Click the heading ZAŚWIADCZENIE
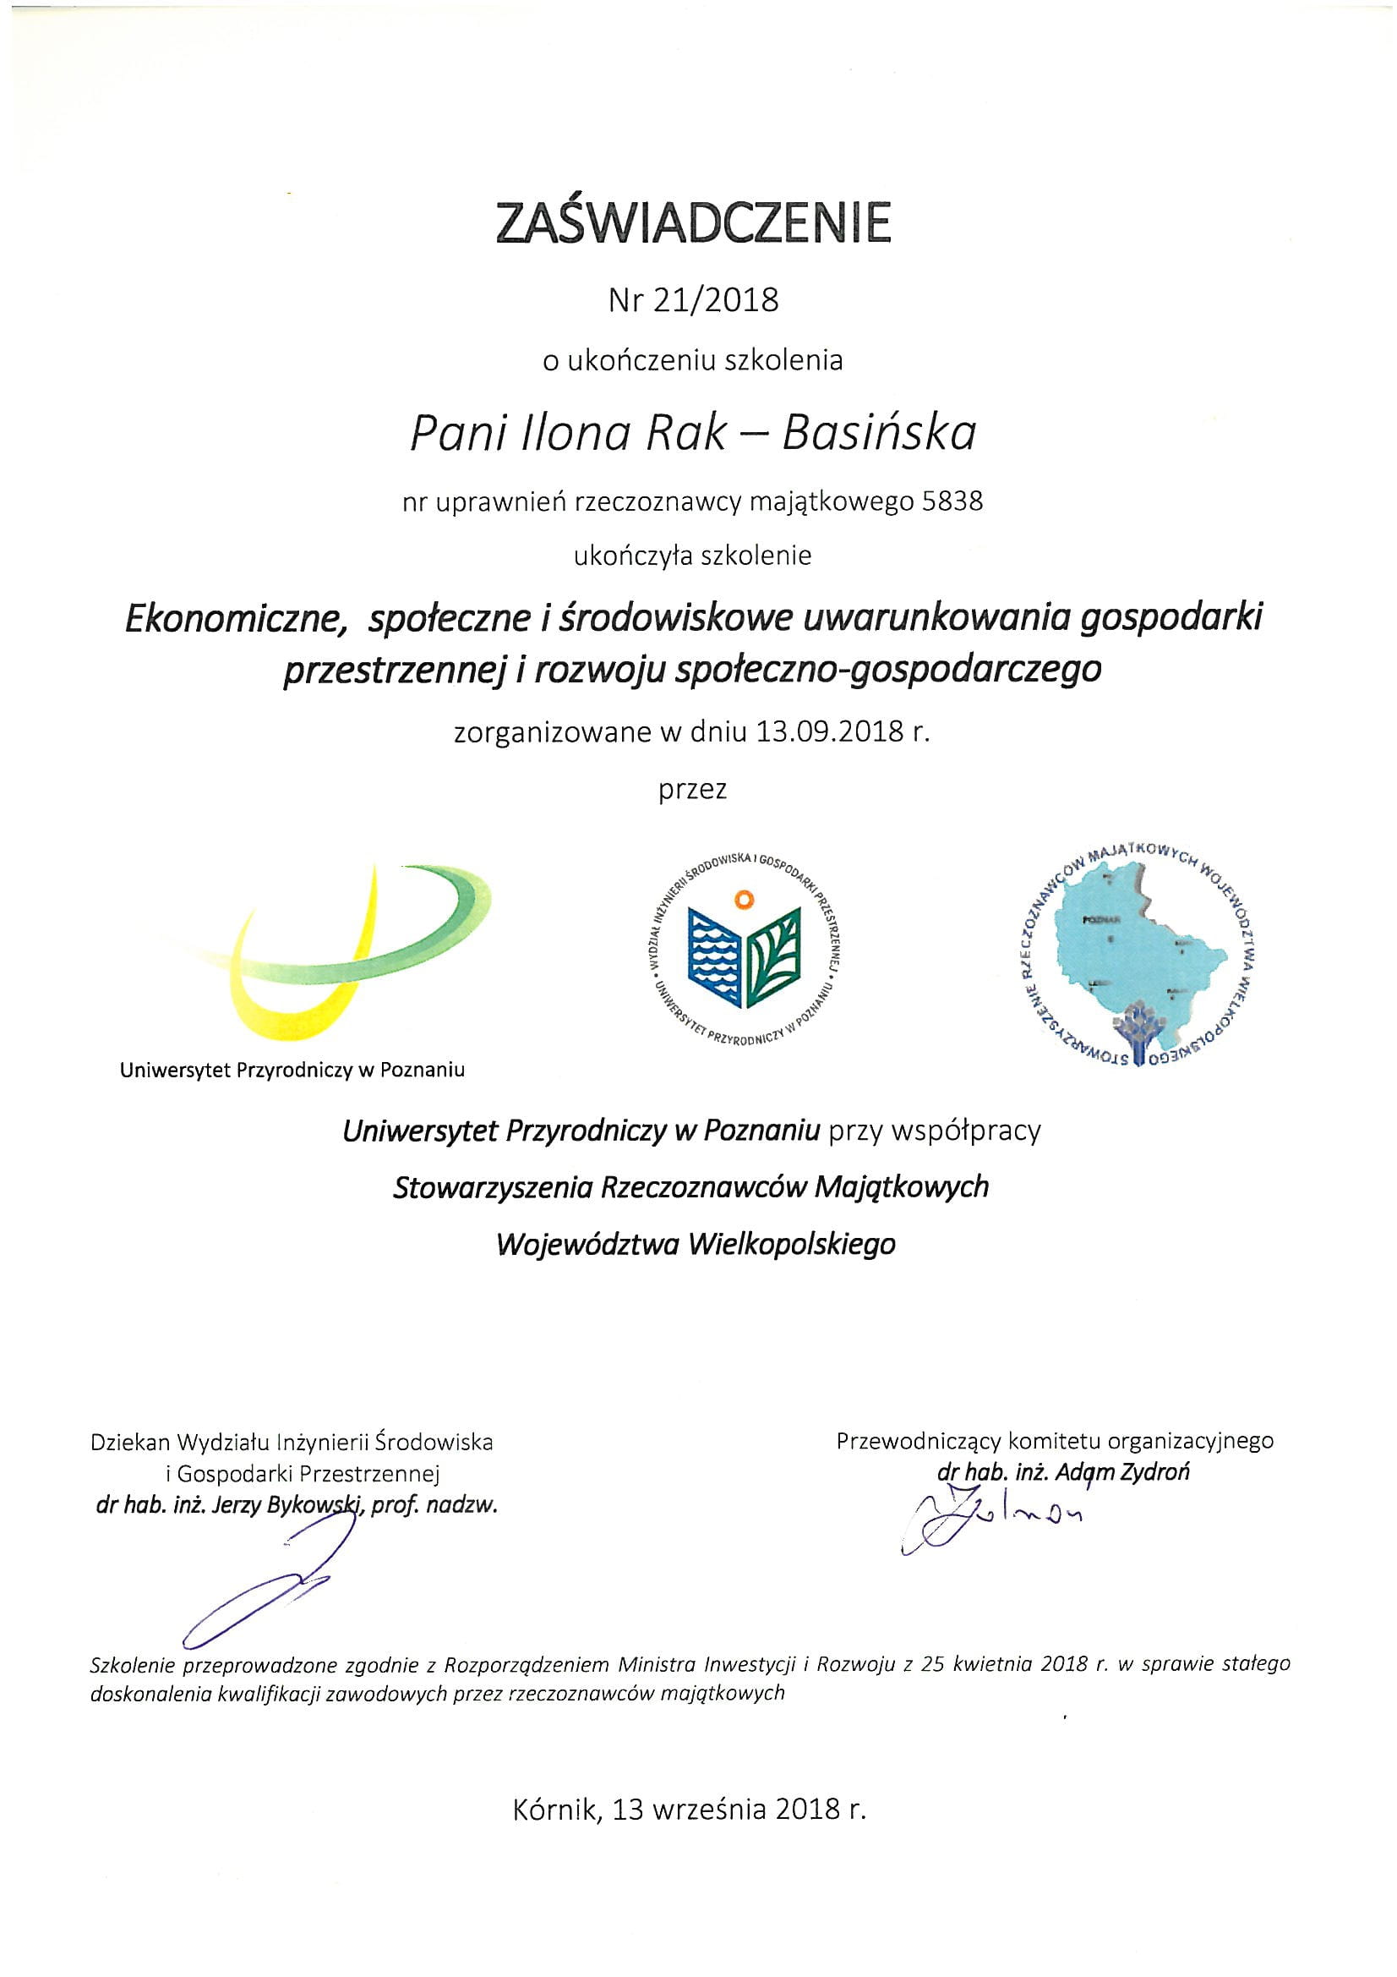pyautogui.click(x=693, y=223)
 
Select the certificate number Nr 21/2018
pyautogui.click(x=693, y=299)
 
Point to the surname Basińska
pyautogui.click(x=879, y=432)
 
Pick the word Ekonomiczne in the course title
pyautogui.click(x=231, y=619)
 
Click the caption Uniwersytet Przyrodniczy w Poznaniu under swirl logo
pyautogui.click(x=292, y=1071)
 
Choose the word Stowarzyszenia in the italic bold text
pyautogui.click(x=493, y=1187)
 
